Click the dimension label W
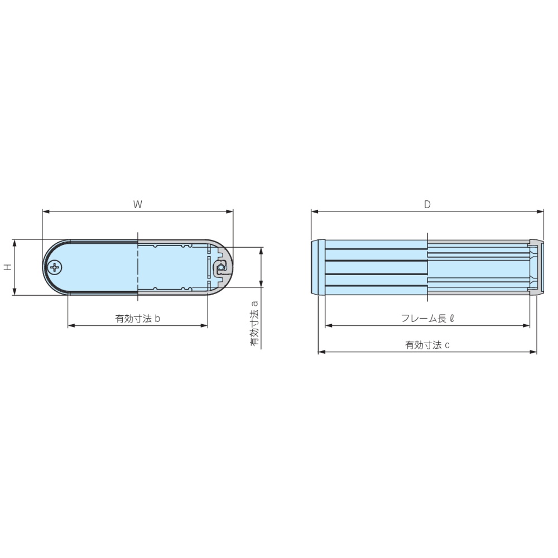click(x=138, y=204)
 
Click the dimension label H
click(x=7, y=267)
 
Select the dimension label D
click(x=427, y=204)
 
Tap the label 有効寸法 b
click(x=138, y=319)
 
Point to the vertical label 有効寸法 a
click(x=254, y=324)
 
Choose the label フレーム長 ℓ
click(x=427, y=319)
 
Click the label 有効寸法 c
click(x=427, y=345)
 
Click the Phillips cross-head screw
click(x=55, y=268)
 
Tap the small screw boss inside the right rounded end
click(x=221, y=268)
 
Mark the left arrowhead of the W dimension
click(x=46, y=212)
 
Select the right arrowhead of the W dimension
click(x=230, y=212)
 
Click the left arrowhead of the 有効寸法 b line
click(x=71, y=326)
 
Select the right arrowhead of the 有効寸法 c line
click(x=533, y=352)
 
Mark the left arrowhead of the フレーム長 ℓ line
click(x=329, y=325)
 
